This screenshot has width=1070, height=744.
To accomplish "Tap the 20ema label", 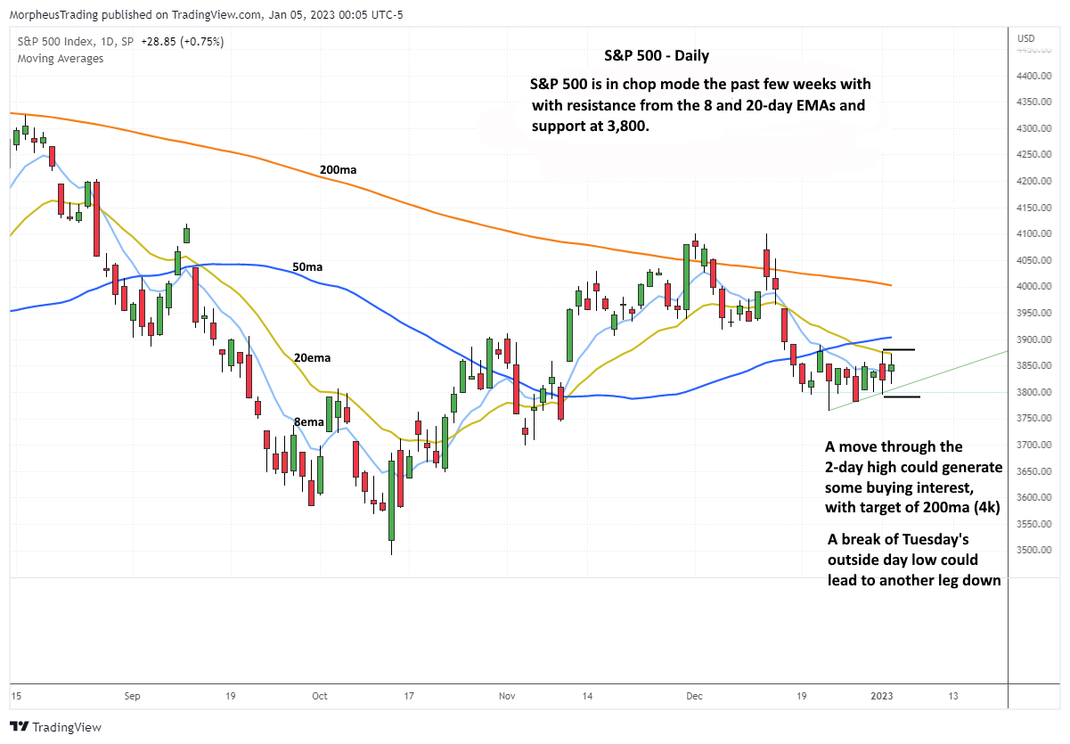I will tap(312, 357).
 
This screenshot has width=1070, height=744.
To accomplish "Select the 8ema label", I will tap(308, 421).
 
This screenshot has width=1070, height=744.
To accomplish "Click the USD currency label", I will tap(1026, 37).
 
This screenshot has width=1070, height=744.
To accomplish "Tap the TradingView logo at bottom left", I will tap(55, 727).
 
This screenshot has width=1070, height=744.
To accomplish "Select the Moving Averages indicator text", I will tap(60, 59).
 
